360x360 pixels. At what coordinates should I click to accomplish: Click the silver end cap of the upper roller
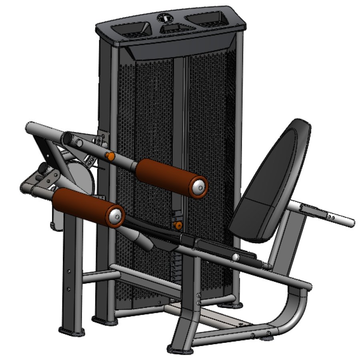198,186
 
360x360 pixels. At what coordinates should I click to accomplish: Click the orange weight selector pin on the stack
178,226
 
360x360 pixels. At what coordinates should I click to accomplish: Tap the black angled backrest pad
272,180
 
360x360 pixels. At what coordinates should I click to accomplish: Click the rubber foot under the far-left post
72,331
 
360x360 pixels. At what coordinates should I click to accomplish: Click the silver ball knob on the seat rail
237,257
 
